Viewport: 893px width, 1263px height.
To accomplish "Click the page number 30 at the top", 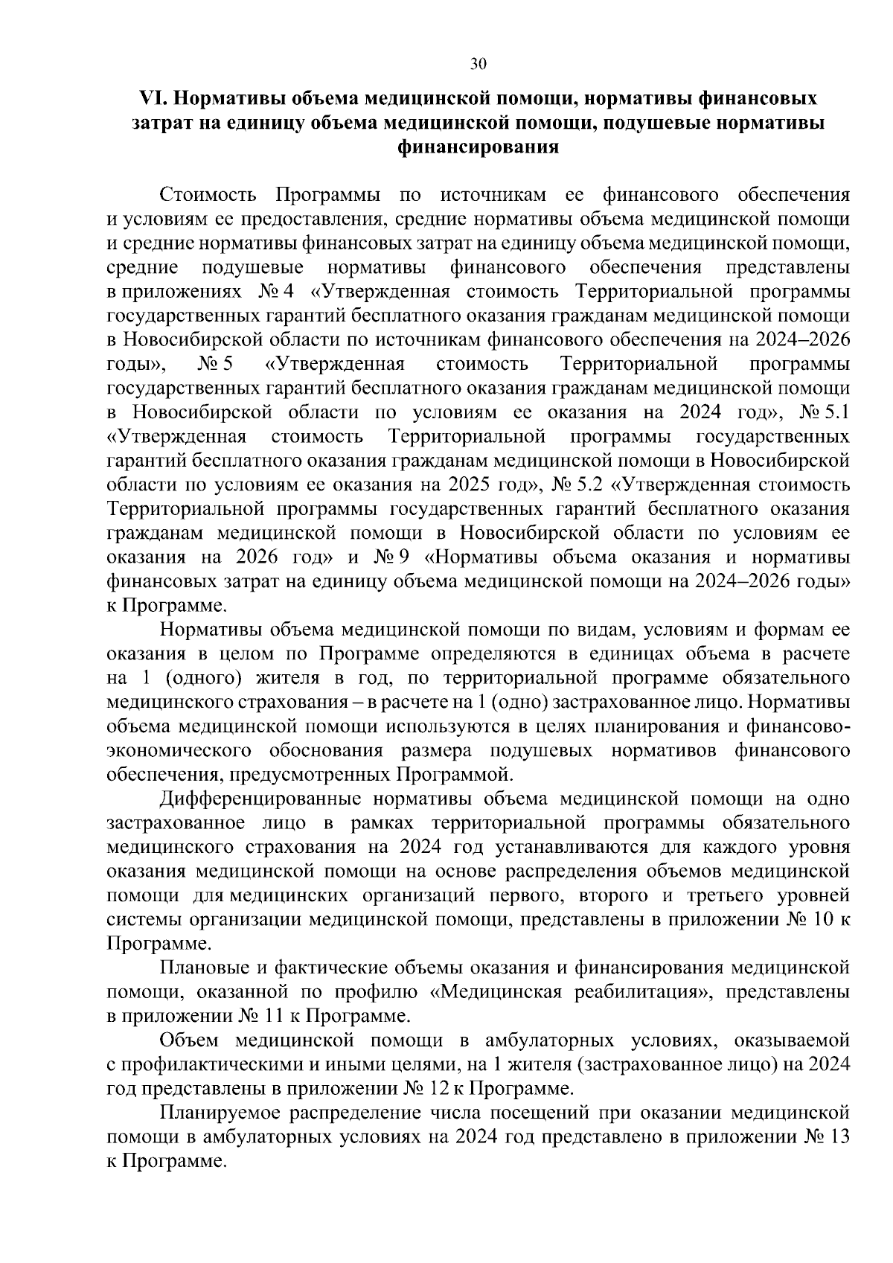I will pyautogui.click(x=478, y=64).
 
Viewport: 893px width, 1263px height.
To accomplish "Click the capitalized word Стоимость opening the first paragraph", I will pyautogui.click(x=208, y=195).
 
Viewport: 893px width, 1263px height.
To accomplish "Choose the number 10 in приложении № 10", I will pyautogui.click(x=826, y=920).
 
